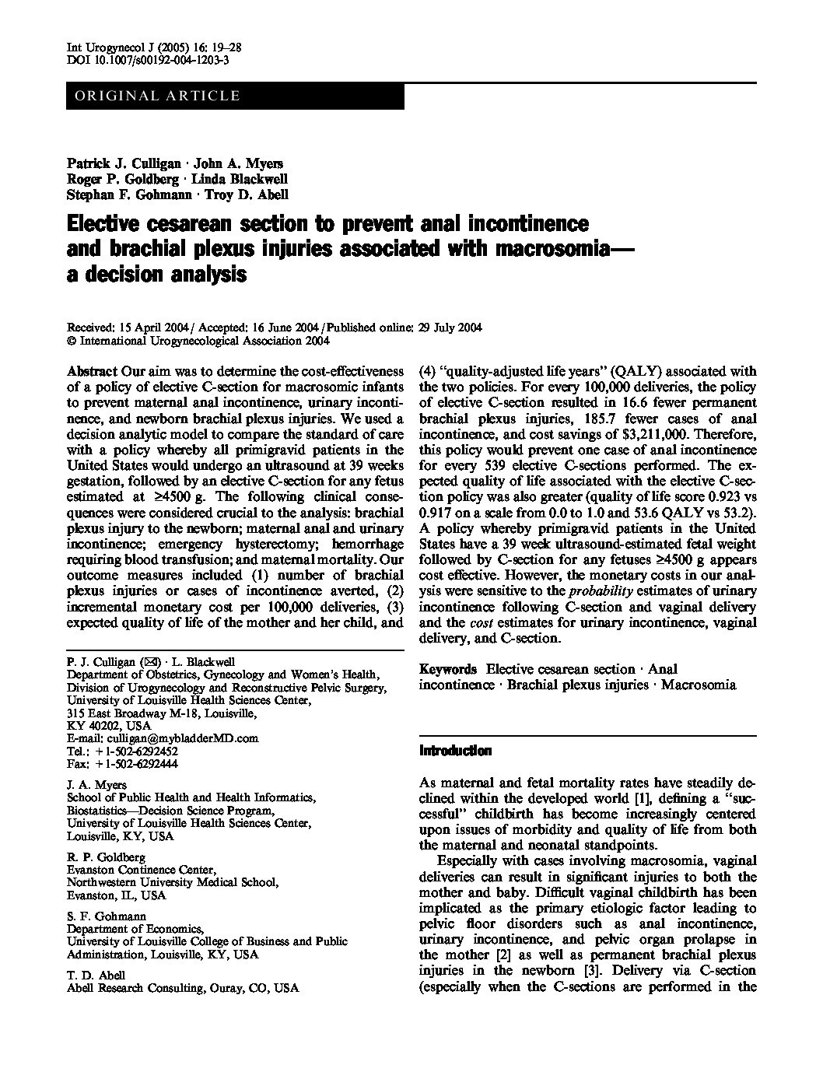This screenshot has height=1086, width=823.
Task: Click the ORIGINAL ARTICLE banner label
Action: [156, 96]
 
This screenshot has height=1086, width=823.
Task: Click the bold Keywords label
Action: [448, 669]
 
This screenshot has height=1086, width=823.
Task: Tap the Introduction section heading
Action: [455, 751]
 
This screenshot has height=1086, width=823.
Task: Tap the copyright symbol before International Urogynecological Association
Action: [71, 340]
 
